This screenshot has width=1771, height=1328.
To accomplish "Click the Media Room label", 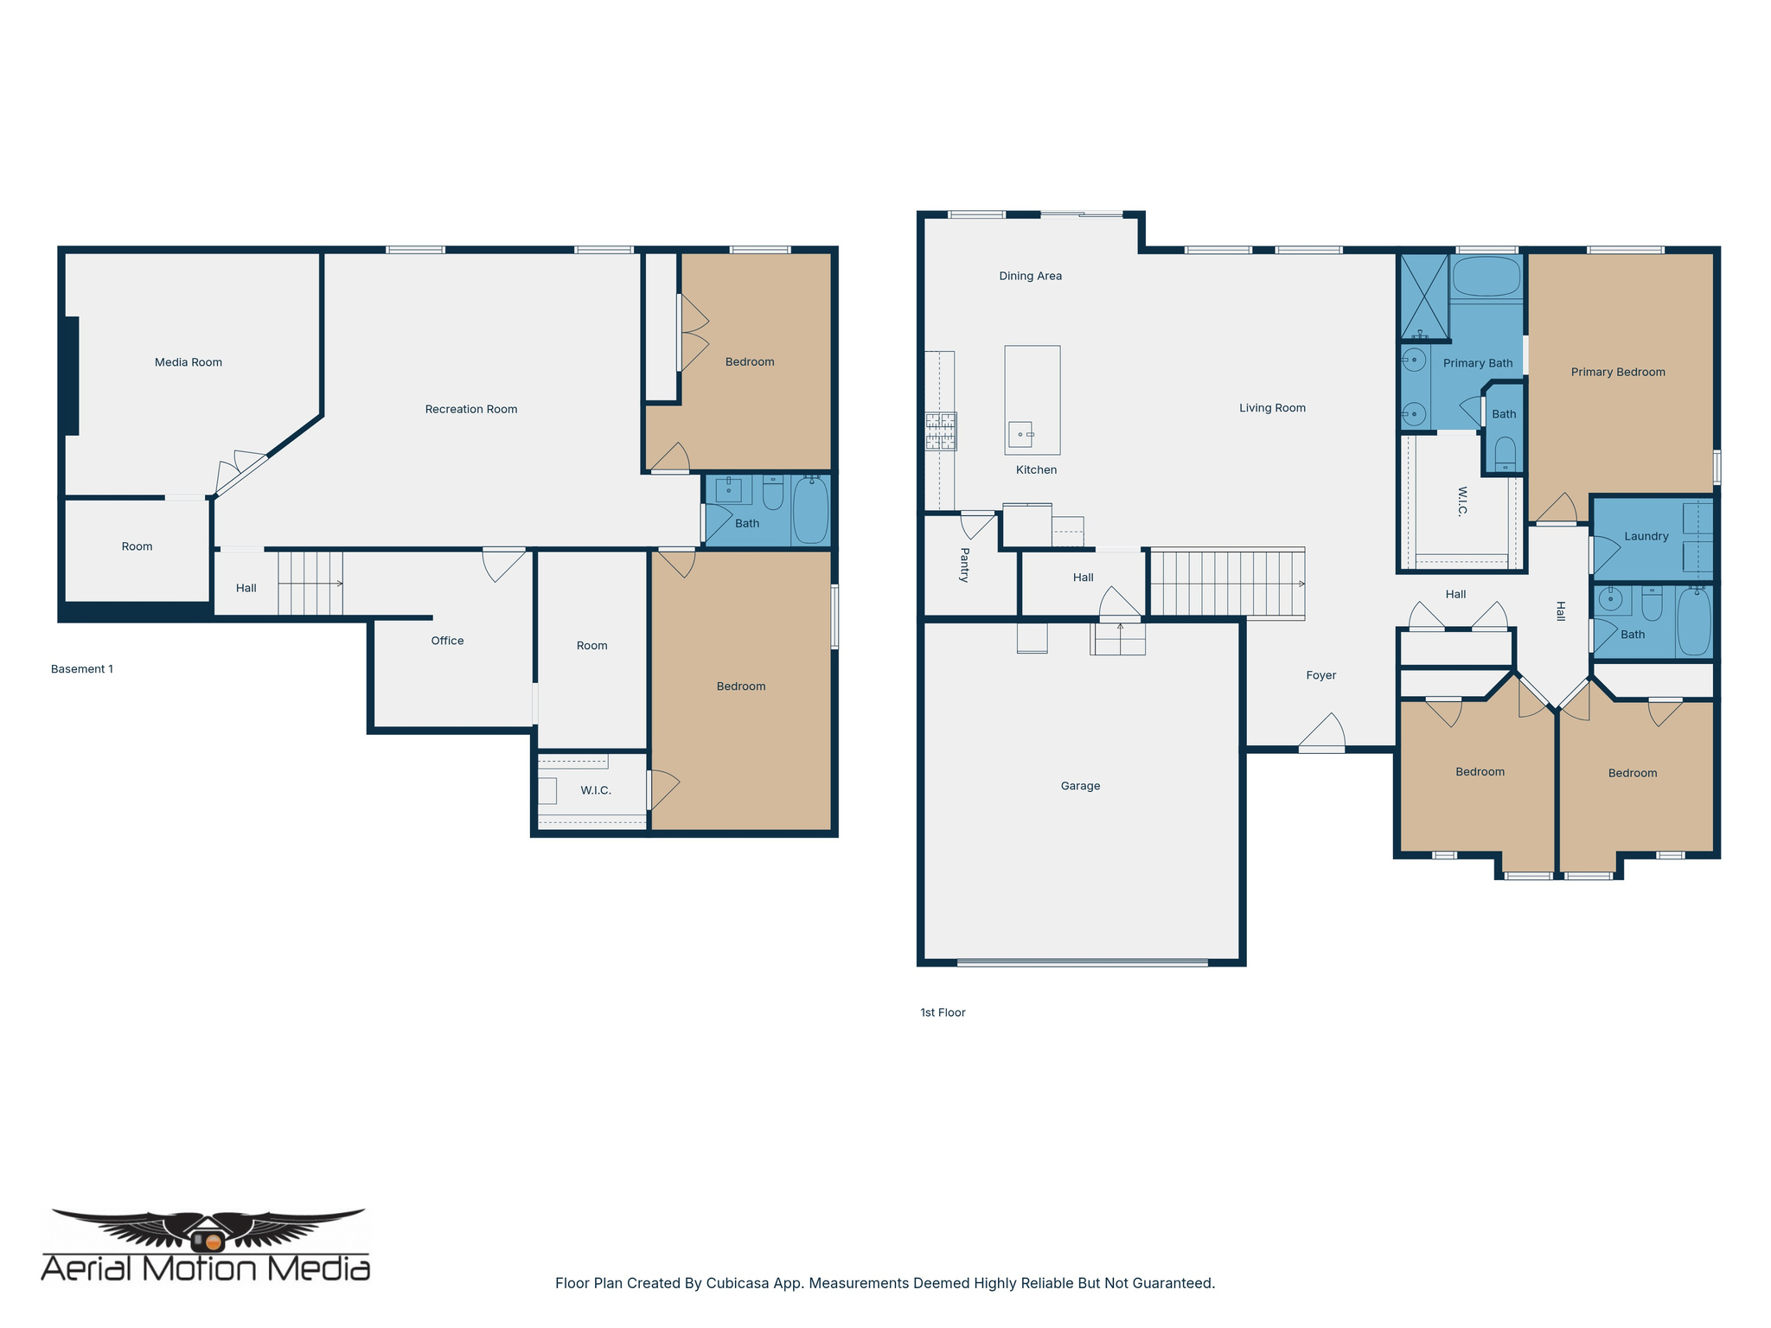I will [188, 362].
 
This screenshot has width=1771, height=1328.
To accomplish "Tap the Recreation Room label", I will [470, 409].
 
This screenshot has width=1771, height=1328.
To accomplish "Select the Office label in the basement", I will [447, 641].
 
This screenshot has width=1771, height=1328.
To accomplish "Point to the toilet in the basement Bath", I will [772, 492].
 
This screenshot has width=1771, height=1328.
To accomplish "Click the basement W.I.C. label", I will [595, 790].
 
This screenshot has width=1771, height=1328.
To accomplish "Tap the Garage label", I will [1080, 786].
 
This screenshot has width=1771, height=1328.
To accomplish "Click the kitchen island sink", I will [1020, 433].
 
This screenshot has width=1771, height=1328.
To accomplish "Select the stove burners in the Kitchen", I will [941, 431].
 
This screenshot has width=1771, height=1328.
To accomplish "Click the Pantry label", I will [965, 565].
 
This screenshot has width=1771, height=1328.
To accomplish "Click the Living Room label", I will [1272, 408].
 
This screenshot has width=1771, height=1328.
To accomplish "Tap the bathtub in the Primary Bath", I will [1486, 277].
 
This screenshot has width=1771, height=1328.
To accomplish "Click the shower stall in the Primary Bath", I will [1423, 296].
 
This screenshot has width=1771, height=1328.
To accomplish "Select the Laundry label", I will [1646, 536].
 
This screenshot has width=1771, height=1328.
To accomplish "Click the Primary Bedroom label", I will [1617, 372].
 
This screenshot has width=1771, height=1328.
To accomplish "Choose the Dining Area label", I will [1030, 276].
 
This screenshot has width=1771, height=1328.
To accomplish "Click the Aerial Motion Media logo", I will [206, 1246].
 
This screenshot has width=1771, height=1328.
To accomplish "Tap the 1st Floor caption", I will [943, 1012].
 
